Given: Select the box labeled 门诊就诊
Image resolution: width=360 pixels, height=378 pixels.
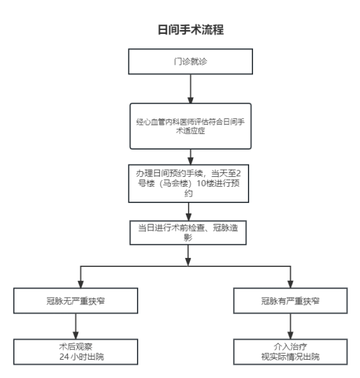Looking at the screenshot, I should [x=188, y=63].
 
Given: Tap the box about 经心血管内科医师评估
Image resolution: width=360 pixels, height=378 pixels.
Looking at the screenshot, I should [x=188, y=127].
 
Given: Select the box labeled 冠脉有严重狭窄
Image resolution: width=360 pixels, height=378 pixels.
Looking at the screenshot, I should [x=291, y=302].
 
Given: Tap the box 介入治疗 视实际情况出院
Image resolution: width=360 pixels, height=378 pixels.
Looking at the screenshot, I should [x=291, y=353].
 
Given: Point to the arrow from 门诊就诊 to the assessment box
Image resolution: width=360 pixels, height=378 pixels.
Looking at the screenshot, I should [x=189, y=89].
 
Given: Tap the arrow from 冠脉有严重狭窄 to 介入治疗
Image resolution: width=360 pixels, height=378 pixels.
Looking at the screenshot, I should [x=291, y=328].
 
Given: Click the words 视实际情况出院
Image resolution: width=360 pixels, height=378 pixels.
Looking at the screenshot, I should [x=291, y=358].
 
